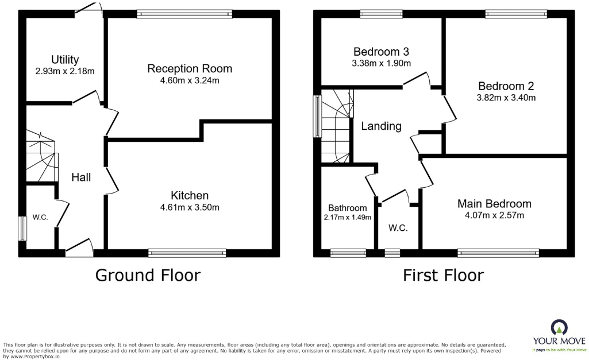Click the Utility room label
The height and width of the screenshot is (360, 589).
pos(64,60)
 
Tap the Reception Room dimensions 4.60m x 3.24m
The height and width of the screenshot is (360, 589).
pos(190,80)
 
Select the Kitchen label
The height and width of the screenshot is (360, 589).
pos(190,195)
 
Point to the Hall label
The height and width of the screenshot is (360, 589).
pos(81,177)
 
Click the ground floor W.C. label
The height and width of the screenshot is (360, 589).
pos(40,217)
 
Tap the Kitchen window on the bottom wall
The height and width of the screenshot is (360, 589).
pos(187,252)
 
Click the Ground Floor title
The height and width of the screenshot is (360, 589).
pos(148,276)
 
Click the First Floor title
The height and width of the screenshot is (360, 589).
pos(443,276)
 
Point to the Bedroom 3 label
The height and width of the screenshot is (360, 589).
pos(381,52)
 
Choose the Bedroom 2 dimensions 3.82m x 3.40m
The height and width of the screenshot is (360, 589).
pos(506,98)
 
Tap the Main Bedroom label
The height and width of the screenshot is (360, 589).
pos(494,204)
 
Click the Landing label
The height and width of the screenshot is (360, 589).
pos(381,126)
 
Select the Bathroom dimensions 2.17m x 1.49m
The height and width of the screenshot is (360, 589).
pos(347,217)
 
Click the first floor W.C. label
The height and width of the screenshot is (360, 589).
pos(398,228)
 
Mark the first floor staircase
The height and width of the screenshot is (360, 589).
pos(336,126)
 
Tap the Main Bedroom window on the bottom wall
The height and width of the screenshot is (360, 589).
pos(498,252)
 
